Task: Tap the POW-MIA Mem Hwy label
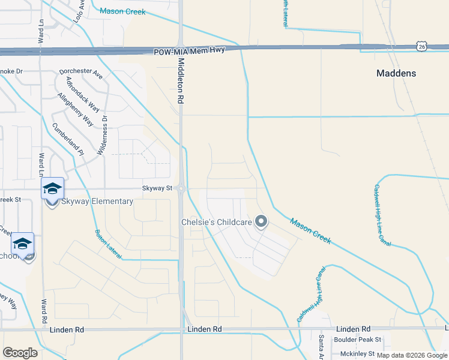[188, 51]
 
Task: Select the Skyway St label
[157, 188]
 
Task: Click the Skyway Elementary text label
[97, 202]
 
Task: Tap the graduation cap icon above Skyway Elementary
[52, 188]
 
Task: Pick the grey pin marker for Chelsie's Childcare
[261, 222]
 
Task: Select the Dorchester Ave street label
[81, 74]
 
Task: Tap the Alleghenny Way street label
[76, 109]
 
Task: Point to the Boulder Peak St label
[354, 340]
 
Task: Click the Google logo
[20, 353]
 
